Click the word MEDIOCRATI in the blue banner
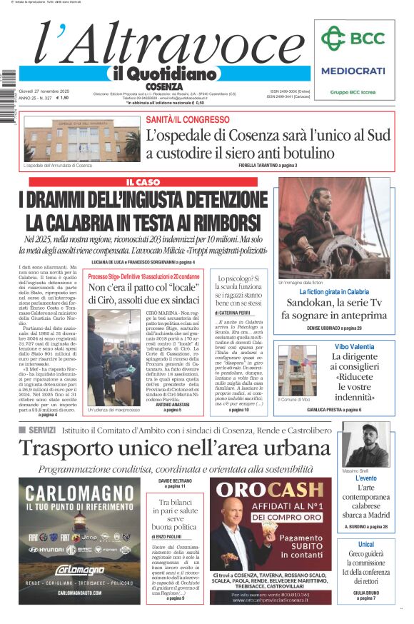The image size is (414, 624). pos(353,71)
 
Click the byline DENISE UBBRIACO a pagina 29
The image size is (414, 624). pos(334,328)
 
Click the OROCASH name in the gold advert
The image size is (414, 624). pos(270,490)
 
